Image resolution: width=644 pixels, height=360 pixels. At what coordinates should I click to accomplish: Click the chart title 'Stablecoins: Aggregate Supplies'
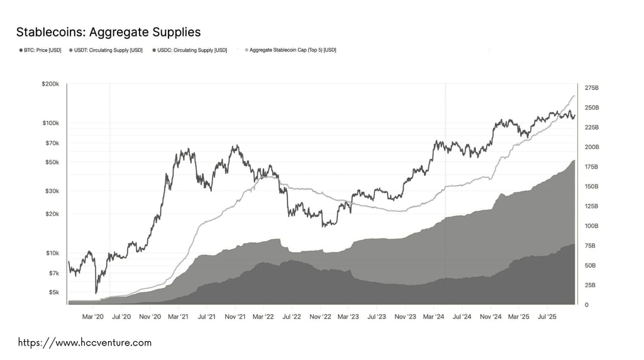tap(108, 31)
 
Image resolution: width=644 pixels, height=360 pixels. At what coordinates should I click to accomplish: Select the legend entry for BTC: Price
tap(42, 50)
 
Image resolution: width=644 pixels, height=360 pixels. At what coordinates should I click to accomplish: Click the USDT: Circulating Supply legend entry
tap(107, 50)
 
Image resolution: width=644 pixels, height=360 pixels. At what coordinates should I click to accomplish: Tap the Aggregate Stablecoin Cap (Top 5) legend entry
tap(292, 50)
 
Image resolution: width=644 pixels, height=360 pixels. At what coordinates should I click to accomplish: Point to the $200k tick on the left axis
tap(50, 84)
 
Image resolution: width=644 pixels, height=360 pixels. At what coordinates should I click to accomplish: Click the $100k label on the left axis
tap(50, 123)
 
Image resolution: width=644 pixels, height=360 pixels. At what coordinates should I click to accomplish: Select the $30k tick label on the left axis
tap(52, 191)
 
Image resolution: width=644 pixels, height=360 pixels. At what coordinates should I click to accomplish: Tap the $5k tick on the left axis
tap(53, 292)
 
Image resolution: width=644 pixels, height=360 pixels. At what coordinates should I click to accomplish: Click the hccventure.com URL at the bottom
tap(84, 343)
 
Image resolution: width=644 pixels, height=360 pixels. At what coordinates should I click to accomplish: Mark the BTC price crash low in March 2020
tap(96, 293)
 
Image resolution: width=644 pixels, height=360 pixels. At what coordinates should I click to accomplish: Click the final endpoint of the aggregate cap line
tap(575, 96)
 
